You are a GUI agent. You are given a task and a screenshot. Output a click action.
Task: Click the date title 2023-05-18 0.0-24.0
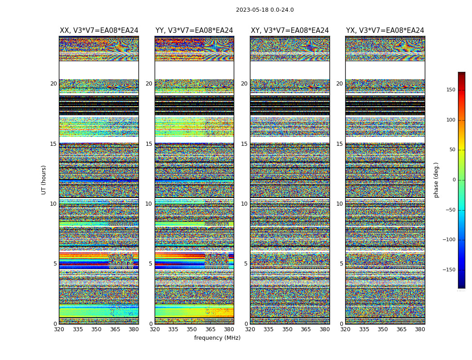coord(265,10)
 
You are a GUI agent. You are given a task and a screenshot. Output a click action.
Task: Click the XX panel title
coord(99,31)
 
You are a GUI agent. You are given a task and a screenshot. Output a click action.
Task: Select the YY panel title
coord(194,31)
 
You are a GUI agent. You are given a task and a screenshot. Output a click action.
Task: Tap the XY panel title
coord(290,31)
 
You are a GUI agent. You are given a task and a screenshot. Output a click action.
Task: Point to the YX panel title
coord(385,31)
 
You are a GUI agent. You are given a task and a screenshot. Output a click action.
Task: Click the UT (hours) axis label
coord(44,180)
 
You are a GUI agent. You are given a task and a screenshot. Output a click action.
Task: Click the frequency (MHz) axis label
coord(217,338)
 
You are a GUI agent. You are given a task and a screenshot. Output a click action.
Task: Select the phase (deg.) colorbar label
coord(436,180)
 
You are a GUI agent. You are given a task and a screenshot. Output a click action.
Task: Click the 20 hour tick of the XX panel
coord(53,84)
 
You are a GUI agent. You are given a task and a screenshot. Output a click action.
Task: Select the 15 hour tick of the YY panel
coord(149,144)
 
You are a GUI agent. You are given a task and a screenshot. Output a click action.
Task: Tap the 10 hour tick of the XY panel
coord(244,204)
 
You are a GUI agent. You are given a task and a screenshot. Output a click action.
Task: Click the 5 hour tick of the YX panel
coord(341,264)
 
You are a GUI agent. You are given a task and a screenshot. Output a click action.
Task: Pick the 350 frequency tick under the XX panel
coord(96,329)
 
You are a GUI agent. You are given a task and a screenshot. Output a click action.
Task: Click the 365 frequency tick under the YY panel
coord(210,329)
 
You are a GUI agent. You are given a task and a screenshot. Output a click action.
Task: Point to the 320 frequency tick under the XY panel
coord(250,329)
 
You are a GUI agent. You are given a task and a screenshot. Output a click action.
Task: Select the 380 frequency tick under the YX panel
coord(420,329)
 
